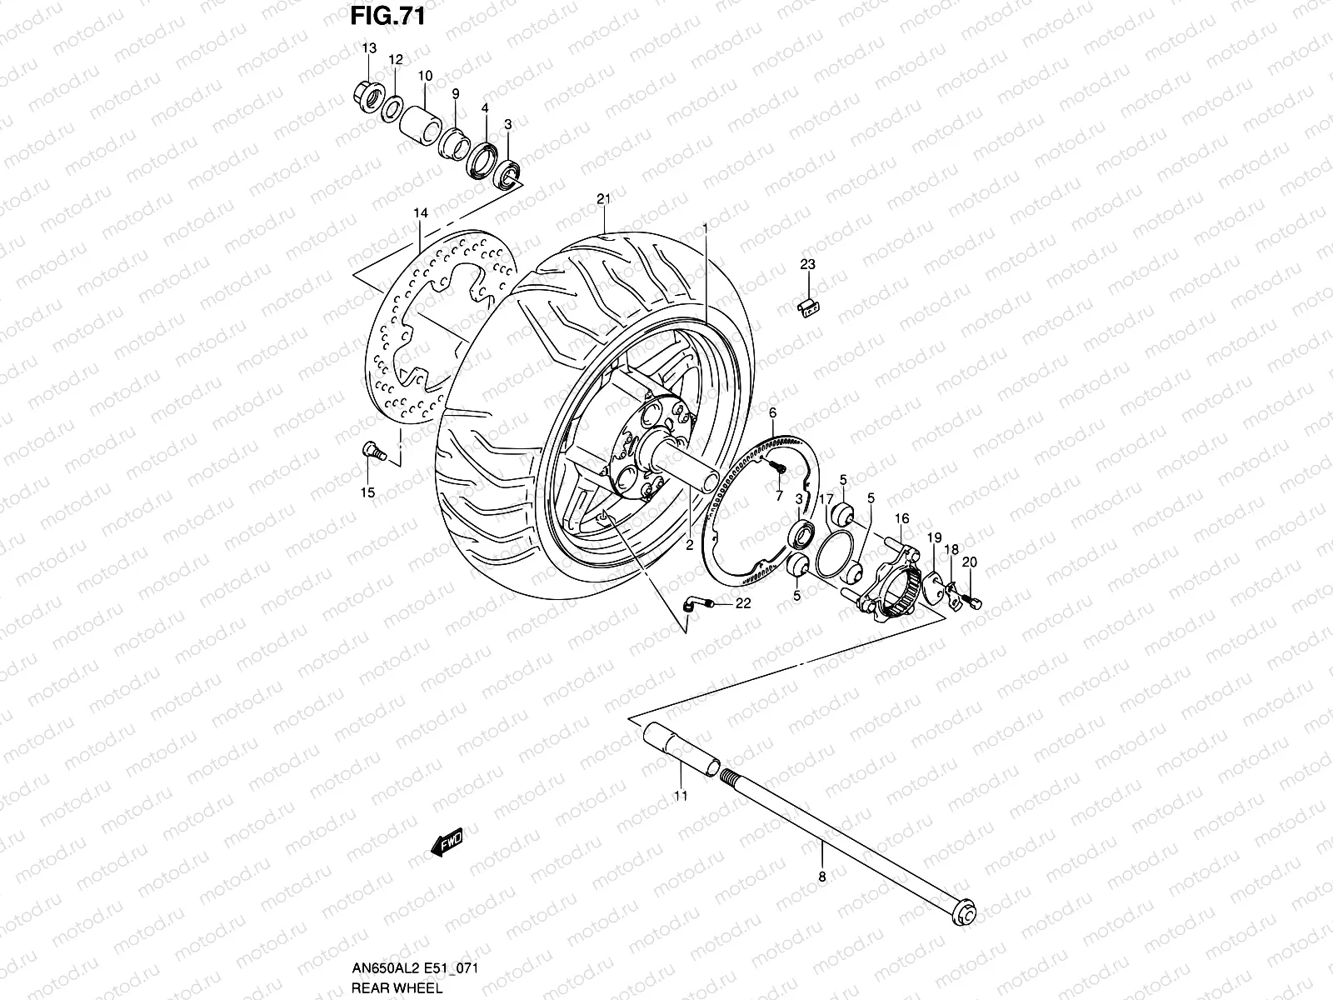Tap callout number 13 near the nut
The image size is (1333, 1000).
[x=369, y=49]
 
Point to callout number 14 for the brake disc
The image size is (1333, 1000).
[x=421, y=213]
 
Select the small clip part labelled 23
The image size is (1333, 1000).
[x=807, y=307]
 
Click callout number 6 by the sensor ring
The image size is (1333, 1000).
[x=772, y=412]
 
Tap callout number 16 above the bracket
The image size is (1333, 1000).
[x=901, y=518]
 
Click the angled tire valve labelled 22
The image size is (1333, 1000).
[x=696, y=605]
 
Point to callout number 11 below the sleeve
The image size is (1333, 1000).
[x=681, y=796]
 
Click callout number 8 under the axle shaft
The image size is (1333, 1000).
[x=821, y=876]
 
